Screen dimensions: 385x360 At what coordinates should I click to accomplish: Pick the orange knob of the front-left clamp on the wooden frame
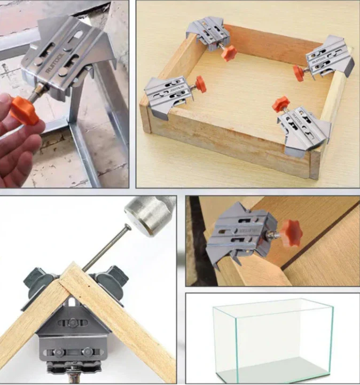click(201, 83)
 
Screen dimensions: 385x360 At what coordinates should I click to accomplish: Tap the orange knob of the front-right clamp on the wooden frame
click(280, 104)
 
